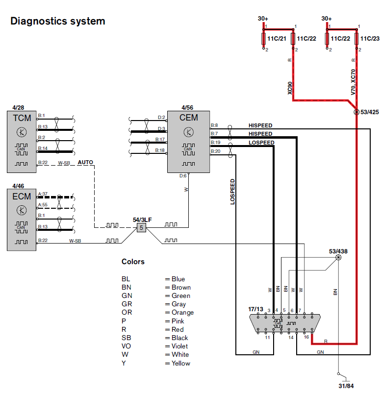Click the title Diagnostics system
click(58, 21)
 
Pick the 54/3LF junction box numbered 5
click(141, 227)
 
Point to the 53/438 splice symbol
click(338, 258)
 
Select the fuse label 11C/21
click(277, 38)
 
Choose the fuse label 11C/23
click(369, 38)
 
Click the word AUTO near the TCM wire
click(85, 162)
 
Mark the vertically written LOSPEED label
click(233, 191)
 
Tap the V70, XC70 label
click(353, 81)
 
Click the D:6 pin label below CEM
click(182, 175)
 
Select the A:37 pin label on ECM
click(43, 194)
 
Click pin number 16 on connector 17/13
click(306, 338)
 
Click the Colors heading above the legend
click(133, 262)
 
